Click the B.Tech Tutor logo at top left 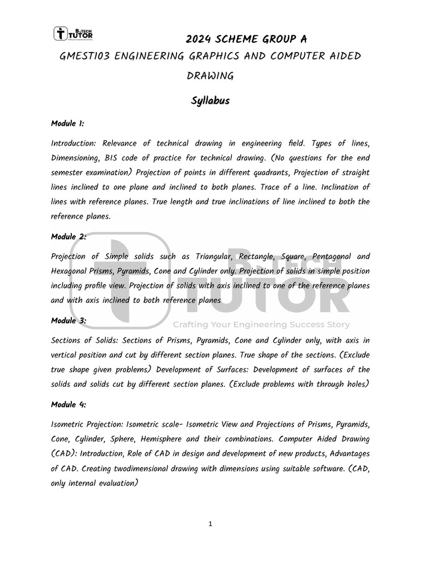click(x=73, y=34)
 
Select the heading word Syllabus click(x=210, y=101)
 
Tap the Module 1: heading click(x=67, y=124)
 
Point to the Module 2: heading click(x=69, y=237)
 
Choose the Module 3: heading click(x=69, y=320)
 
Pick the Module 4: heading click(x=69, y=404)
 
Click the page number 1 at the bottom click(x=210, y=524)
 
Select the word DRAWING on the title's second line click(x=210, y=76)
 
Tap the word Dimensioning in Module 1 click(x=76, y=158)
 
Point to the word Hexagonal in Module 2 click(x=69, y=271)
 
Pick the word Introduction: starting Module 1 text click(x=73, y=144)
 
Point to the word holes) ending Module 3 click(x=357, y=384)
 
